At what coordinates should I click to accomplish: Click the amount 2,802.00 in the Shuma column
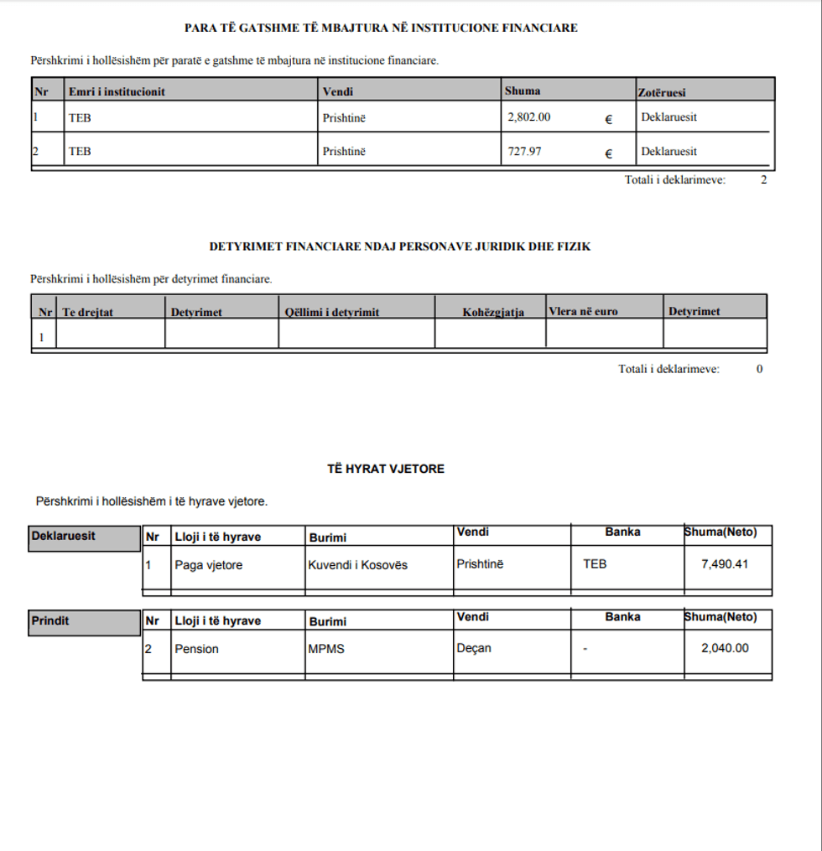click(529, 117)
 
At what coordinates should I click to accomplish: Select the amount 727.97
click(525, 152)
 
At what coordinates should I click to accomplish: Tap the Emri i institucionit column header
click(117, 91)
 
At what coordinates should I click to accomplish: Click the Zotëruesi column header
click(663, 92)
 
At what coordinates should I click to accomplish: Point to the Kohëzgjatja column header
click(493, 313)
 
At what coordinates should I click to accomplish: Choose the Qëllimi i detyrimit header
click(332, 313)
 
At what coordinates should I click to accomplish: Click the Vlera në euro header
click(583, 312)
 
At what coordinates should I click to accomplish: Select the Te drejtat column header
click(87, 313)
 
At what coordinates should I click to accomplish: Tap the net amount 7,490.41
click(725, 564)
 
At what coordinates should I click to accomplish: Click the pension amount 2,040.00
click(725, 648)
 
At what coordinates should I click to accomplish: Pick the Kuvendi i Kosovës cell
click(358, 565)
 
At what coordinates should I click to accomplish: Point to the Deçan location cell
click(474, 648)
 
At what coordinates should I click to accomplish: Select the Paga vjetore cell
click(208, 565)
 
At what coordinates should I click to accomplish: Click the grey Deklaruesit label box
click(84, 538)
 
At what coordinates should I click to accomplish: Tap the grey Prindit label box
click(84, 622)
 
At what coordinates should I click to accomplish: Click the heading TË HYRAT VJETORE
click(386, 470)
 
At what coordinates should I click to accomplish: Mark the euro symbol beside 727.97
click(608, 153)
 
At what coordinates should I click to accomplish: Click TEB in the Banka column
click(595, 564)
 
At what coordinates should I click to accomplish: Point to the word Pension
click(196, 649)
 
